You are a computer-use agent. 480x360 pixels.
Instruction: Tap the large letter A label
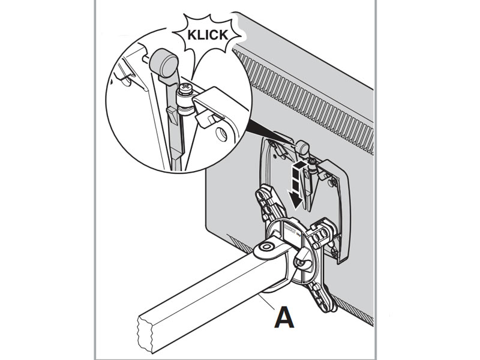tap(284, 317)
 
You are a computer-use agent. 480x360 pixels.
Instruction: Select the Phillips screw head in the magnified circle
tap(185, 91)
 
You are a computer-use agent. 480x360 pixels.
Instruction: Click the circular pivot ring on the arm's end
tap(265, 247)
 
